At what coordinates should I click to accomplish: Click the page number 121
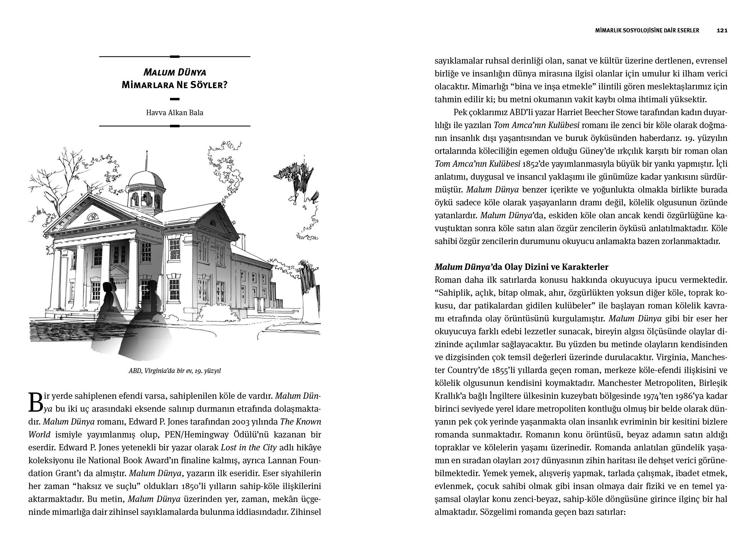coord(722,31)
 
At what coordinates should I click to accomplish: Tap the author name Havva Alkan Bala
coord(174,113)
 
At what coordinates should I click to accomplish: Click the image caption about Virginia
coord(175,371)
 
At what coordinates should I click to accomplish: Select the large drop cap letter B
coord(36,402)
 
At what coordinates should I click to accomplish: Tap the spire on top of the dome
coord(146,160)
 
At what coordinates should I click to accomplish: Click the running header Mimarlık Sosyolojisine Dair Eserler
coord(647,31)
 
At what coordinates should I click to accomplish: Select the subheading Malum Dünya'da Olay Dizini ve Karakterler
coord(521,267)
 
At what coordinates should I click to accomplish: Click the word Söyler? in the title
coord(209,85)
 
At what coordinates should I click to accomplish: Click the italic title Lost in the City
coord(249,447)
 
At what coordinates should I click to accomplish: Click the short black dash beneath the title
coord(175,99)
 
